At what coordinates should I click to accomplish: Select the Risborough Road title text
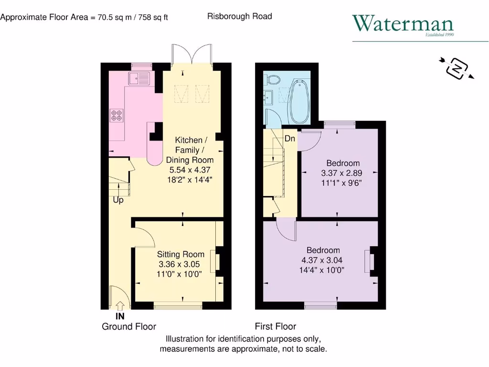coord(239,16)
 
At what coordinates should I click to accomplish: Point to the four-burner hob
coord(117,115)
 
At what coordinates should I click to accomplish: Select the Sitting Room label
coord(181,254)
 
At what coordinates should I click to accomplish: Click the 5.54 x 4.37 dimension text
coord(190,170)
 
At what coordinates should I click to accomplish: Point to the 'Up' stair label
coord(118,200)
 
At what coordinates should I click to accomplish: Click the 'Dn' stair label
coord(290,139)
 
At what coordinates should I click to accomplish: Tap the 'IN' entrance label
coord(120,316)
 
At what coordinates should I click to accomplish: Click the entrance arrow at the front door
coord(120,305)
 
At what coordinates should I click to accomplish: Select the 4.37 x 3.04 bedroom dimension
coord(323,260)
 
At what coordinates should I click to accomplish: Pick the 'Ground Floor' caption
coord(129,327)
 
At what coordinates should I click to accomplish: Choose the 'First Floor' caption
coord(275,327)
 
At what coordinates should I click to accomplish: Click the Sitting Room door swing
coord(143,237)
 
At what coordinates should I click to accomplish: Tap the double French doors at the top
coord(191,54)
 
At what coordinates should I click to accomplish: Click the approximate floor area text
coord(84,17)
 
